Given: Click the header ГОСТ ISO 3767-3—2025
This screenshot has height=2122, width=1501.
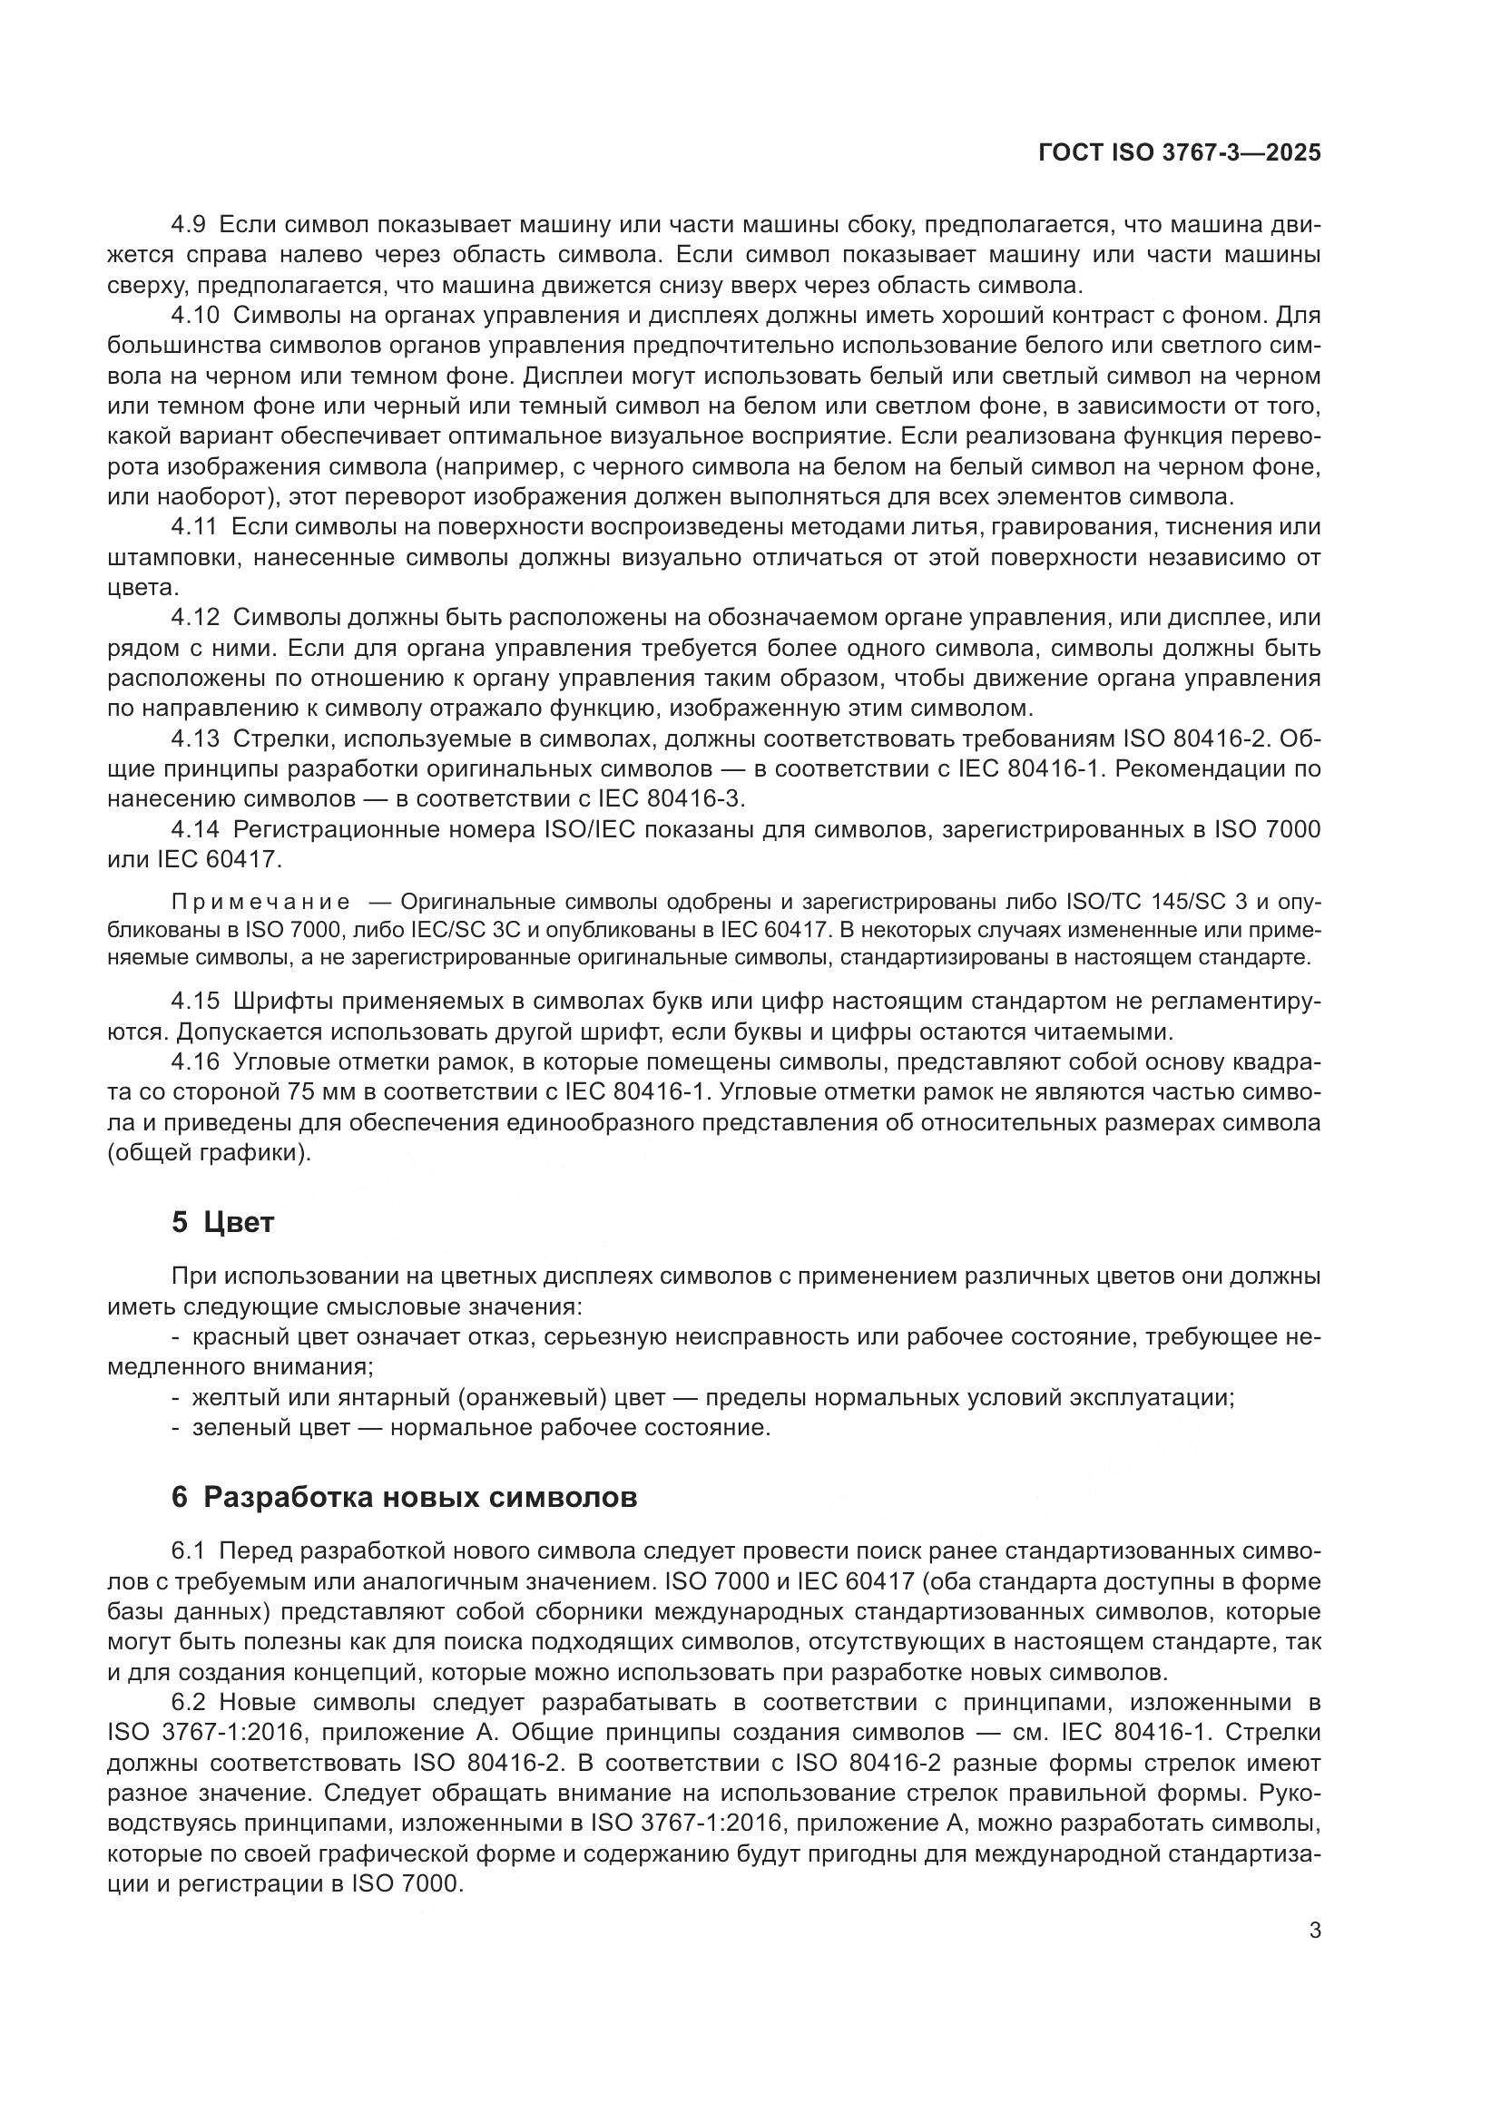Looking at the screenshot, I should (x=1180, y=153).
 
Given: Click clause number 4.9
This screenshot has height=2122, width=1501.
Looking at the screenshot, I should (x=189, y=225).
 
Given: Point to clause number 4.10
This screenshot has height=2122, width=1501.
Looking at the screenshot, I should (x=195, y=315).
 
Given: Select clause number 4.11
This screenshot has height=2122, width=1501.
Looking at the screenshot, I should (x=194, y=527).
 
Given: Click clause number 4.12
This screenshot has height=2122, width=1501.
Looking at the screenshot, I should (x=195, y=618).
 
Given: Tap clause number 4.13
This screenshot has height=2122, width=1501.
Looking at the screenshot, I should (x=195, y=738).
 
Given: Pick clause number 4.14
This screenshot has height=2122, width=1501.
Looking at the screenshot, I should (x=195, y=829).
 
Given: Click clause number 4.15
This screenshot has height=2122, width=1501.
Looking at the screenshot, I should (x=195, y=1001).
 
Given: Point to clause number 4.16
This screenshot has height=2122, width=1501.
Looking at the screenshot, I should (x=195, y=1061).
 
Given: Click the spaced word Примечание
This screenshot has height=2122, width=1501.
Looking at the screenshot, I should (x=260, y=902).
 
